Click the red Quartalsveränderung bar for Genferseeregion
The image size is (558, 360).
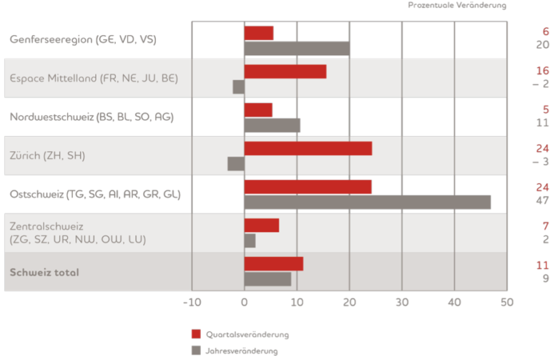[x=259, y=33]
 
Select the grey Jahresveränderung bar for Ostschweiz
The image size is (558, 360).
[x=368, y=202]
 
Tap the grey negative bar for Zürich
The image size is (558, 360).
[x=236, y=164]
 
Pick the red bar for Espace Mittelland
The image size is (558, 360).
[x=285, y=72]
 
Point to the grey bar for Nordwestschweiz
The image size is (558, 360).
[x=273, y=125]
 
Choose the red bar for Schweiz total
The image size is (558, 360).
[x=274, y=263]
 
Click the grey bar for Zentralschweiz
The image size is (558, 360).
[x=250, y=240]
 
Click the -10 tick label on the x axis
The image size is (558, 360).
[x=192, y=302]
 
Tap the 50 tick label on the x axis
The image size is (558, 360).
[x=506, y=302]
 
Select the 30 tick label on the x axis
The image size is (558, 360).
[x=402, y=302]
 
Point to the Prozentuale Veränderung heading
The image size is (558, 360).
[x=457, y=6]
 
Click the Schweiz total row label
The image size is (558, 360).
[x=44, y=272]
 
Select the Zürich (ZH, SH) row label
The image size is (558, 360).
[x=47, y=155]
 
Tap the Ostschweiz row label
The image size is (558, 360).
[x=95, y=194]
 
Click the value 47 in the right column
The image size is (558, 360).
[x=543, y=202]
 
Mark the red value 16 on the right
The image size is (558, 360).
[x=543, y=71]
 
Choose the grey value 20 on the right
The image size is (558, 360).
[x=543, y=45]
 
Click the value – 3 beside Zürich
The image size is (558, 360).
[x=540, y=162]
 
